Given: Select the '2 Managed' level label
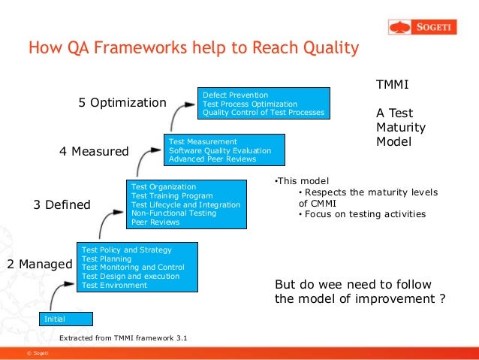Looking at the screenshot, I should (x=39, y=264).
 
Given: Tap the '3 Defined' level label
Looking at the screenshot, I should (x=62, y=204).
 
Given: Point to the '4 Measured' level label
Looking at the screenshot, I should (x=94, y=151).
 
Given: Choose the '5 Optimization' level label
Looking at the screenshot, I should (x=122, y=102).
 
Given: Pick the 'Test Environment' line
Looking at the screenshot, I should (x=114, y=285).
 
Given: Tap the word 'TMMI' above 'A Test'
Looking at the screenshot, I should (x=392, y=85).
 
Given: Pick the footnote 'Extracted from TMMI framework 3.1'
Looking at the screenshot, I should (x=123, y=338).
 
